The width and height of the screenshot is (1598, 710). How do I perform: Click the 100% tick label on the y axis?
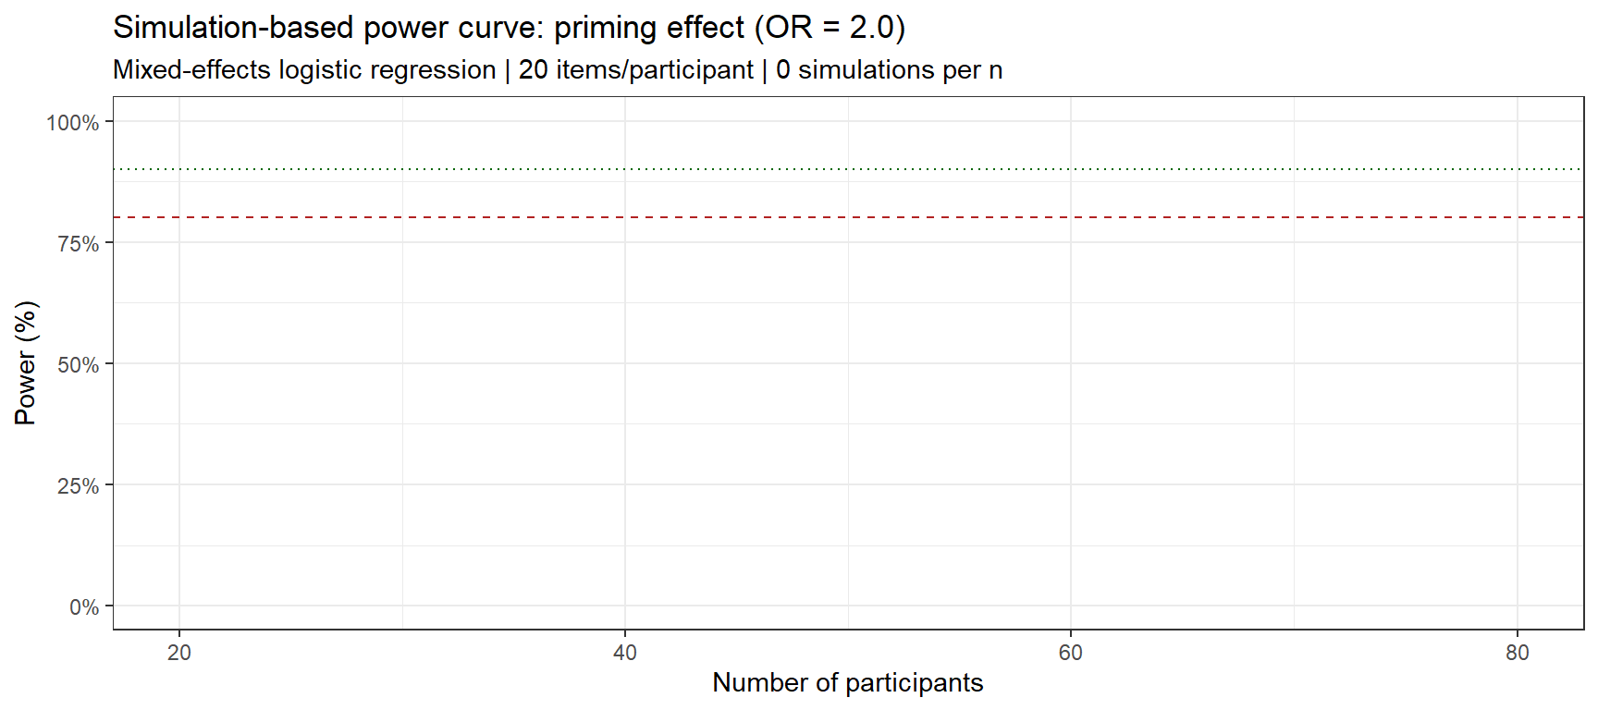click(72, 122)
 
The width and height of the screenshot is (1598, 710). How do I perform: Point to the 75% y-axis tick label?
click(78, 243)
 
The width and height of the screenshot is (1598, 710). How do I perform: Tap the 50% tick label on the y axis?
click(78, 364)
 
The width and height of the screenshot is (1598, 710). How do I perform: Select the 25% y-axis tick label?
click(78, 485)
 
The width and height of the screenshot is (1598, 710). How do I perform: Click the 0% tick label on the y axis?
click(83, 607)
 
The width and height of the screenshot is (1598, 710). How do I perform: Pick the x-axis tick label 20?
click(179, 653)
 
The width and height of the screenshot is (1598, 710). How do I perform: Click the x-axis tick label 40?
click(625, 653)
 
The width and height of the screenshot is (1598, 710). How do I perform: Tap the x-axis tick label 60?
click(1070, 653)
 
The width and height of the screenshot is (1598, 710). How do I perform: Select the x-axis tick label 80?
click(1517, 653)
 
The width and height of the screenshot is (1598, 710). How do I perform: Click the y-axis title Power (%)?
click(25, 363)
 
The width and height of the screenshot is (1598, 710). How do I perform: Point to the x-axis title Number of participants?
click(847, 683)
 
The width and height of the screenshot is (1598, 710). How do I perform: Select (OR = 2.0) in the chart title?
click(830, 28)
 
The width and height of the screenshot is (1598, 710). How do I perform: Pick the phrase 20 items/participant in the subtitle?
click(635, 70)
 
